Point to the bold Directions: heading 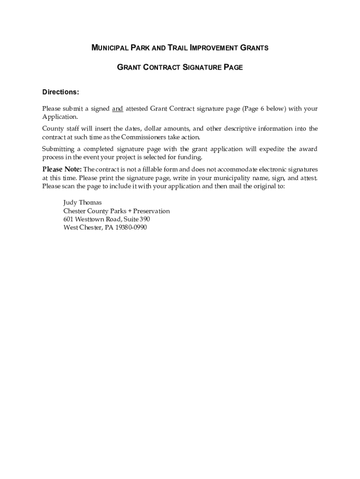tap(61, 92)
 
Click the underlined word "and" tap(117, 109)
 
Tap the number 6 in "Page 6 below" tap(262, 109)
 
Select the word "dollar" tap(154, 129)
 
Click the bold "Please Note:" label tap(62, 169)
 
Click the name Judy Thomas tap(82, 203)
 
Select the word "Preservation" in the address tap(151, 211)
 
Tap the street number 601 tap(68, 219)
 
